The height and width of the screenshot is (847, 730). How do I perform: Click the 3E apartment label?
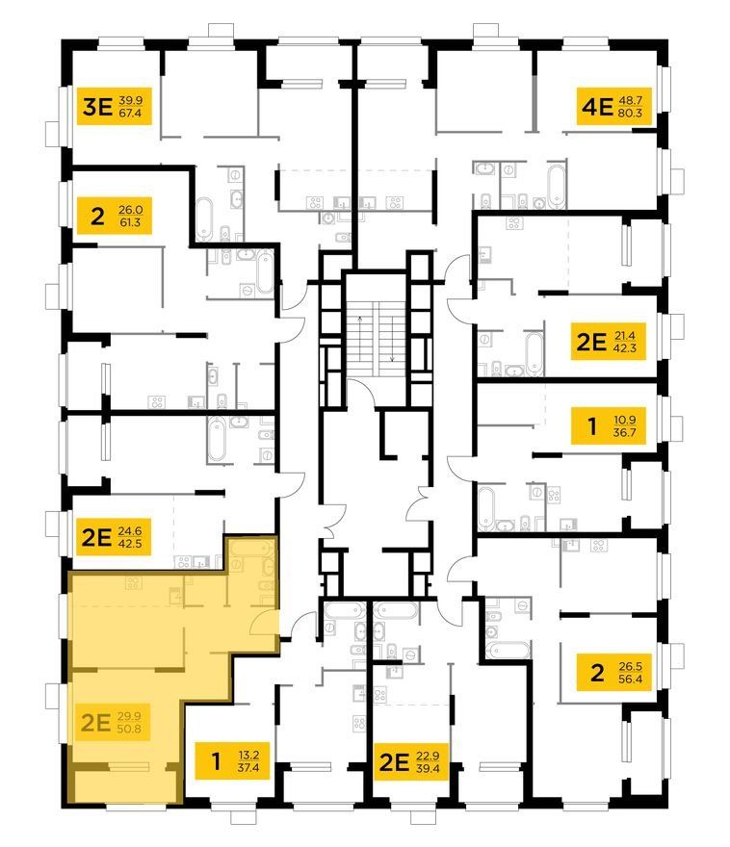97,107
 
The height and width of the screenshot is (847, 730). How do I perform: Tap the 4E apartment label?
597,107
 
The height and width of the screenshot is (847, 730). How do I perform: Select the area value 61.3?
130,222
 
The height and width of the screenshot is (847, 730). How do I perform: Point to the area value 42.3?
625,347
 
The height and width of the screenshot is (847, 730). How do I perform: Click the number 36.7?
625,432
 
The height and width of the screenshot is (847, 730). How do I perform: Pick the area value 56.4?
630,679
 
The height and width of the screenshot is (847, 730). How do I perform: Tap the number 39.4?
428,768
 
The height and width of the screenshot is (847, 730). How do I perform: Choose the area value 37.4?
248,767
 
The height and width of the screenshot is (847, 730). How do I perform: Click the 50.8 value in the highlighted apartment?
129,729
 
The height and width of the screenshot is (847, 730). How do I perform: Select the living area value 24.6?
130,531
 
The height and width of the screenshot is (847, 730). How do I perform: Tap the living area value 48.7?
630,100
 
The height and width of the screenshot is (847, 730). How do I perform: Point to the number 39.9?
130,100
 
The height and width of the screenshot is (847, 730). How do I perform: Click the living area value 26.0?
130,210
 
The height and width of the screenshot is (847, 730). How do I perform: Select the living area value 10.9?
625,420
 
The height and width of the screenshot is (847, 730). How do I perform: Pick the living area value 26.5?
630,666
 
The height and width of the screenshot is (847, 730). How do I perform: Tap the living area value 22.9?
428,756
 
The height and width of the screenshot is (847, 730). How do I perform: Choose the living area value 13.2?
248,755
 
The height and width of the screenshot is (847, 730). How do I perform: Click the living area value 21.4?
625,336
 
